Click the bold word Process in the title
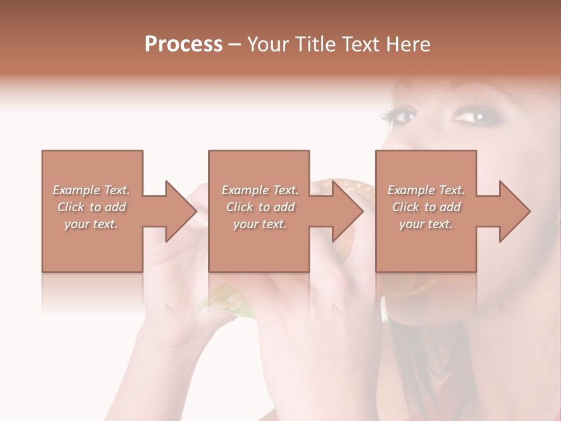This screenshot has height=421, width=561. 183,44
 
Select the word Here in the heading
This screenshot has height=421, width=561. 408,44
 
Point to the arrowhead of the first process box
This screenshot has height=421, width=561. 181,211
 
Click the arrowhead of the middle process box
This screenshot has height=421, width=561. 348,211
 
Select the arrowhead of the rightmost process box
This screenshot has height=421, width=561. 515,211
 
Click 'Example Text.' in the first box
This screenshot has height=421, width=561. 91,190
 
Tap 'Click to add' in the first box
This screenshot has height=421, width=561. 91,207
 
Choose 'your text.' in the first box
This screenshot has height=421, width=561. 91,224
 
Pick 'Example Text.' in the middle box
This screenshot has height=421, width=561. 260,190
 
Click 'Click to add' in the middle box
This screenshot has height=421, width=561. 260,207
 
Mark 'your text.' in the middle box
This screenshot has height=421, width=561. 260,224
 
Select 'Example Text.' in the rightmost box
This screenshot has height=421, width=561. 426,190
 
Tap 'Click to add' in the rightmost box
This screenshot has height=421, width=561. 426,207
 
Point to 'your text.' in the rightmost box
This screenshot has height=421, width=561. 426,224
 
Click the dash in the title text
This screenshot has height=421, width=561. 235,44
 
